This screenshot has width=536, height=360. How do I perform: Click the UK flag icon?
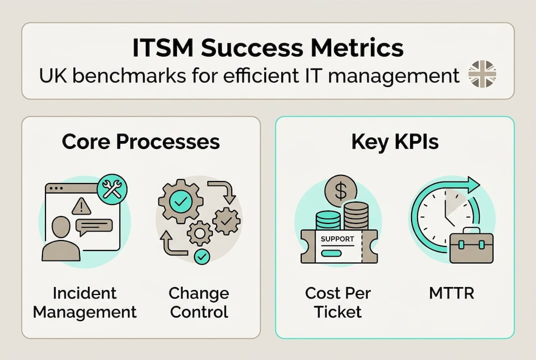pos(483,74)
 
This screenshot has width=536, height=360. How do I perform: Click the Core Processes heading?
pos(141,141)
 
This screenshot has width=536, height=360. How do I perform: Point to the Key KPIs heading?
pos(395,141)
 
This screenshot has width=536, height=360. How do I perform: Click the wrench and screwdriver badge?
pos(112,189)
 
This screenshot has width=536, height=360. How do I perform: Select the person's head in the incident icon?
pos(61,227)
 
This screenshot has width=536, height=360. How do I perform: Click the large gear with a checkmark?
pos(180,202)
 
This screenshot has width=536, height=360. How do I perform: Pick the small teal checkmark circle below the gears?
pos(202,256)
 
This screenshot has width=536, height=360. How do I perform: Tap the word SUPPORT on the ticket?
pos(337,239)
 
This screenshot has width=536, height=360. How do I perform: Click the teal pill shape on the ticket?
pos(331,253)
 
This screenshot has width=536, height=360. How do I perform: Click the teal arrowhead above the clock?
pos(470,185)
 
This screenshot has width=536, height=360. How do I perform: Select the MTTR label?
pos(452,293)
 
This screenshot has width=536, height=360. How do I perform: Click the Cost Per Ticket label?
pos(338,302)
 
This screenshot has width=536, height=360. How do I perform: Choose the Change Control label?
pos(199,302)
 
